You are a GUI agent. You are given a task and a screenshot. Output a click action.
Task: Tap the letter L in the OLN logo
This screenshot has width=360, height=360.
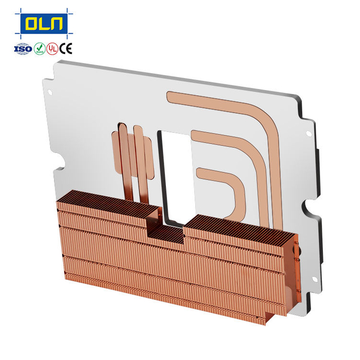44,24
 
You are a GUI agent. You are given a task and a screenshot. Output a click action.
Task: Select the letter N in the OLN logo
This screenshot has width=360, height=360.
58,24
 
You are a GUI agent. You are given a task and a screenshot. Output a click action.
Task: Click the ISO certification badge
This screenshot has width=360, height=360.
22,49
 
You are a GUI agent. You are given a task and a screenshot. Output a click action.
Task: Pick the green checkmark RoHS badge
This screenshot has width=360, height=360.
39,49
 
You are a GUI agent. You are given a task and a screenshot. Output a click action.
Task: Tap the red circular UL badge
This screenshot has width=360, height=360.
52,49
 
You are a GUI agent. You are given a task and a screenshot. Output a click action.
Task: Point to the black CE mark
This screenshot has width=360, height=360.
66,49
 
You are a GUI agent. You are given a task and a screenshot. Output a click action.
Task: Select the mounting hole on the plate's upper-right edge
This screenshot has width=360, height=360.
308,134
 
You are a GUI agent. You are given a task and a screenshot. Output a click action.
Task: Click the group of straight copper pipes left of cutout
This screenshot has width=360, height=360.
133,157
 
